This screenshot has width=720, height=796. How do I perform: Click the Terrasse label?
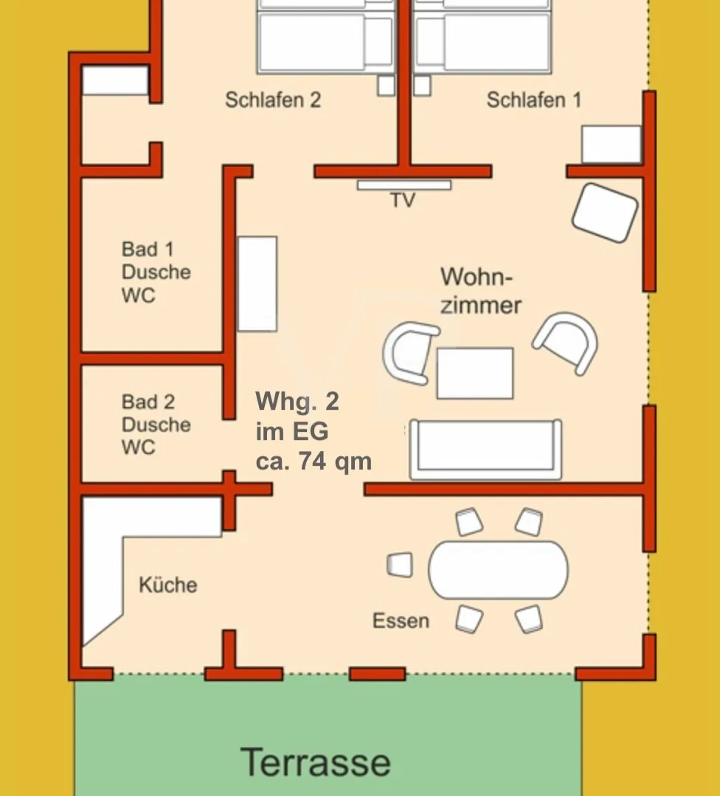(x=316, y=762)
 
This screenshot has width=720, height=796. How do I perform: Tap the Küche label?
(x=168, y=585)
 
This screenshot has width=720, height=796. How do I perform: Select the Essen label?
(x=401, y=621)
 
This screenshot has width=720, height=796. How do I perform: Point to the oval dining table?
(x=499, y=570)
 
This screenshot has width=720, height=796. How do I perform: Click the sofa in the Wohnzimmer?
(x=485, y=450)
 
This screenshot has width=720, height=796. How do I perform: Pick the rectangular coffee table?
(x=474, y=373)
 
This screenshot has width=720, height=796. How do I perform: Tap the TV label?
(x=403, y=200)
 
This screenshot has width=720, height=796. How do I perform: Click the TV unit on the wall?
(x=404, y=185)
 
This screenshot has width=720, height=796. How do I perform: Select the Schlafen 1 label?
(x=533, y=100)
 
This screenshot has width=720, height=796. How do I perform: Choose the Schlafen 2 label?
(x=273, y=100)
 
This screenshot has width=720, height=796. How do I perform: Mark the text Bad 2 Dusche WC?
(x=156, y=425)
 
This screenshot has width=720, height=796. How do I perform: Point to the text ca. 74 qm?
(x=314, y=462)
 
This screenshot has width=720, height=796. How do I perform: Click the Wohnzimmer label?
(x=481, y=291)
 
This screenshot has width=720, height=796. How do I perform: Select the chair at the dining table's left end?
(x=400, y=565)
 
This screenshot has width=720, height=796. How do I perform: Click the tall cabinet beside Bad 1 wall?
(x=257, y=284)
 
